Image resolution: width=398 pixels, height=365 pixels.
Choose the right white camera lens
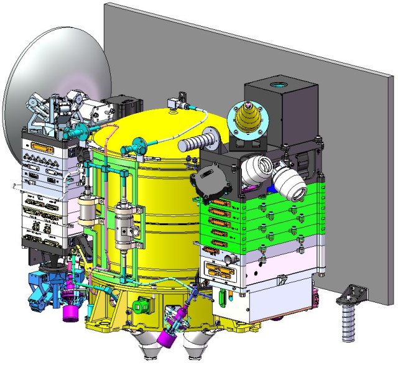(x=289, y=180)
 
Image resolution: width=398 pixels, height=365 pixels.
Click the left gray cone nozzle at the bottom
(x=150, y=348)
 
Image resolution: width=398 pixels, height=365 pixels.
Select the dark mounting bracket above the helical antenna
(x=352, y=290)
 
